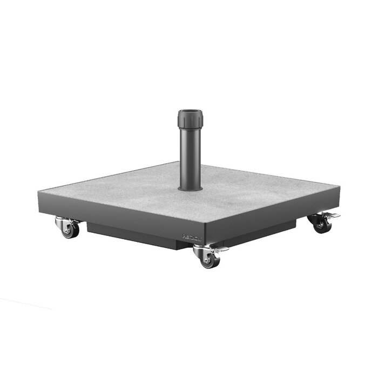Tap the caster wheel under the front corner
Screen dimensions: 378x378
[208, 260]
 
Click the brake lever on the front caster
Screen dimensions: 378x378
[220, 249]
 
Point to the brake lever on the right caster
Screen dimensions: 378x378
[333, 215]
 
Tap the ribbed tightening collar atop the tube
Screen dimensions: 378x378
[190, 117]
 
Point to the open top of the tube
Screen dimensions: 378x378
[190, 112]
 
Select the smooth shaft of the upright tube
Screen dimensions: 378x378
[190, 157]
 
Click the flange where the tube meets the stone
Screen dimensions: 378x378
[190, 188]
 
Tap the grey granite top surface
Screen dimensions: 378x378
[243, 189]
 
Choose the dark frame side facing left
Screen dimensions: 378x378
[108, 211]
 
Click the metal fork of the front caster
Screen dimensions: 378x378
[203, 252]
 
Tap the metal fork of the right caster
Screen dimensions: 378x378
[316, 218]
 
